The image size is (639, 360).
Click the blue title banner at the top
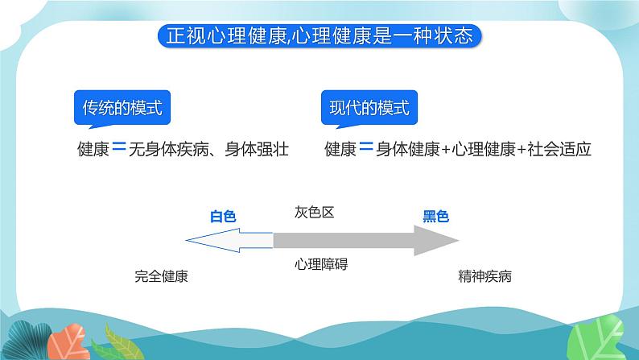[x=319, y=36]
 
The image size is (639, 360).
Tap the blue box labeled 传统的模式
[x=122, y=108]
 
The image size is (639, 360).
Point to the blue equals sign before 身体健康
[x=365, y=149]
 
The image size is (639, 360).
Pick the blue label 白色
[x=223, y=216]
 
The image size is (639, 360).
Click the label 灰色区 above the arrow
[x=314, y=213]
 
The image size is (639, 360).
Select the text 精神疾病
[x=484, y=277]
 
